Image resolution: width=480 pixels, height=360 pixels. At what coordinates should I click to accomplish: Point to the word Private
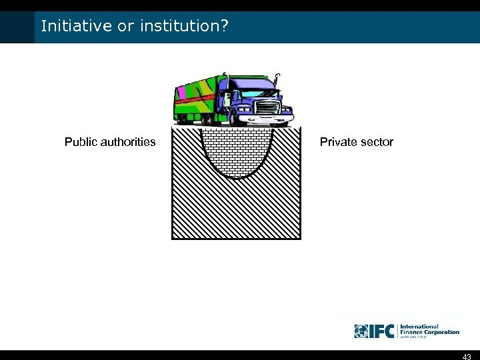338,142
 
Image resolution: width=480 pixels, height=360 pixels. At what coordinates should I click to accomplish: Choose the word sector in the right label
376,142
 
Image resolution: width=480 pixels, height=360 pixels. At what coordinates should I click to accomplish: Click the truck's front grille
267,107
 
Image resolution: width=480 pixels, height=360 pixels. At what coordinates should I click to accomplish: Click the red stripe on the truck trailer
197,100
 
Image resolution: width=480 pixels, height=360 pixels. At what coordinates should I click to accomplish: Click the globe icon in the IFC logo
361,331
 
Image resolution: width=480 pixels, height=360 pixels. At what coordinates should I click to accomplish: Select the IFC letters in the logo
381,331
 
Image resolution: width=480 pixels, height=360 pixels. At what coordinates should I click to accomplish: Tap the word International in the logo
419,327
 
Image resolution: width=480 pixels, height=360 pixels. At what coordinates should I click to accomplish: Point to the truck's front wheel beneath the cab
235,120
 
